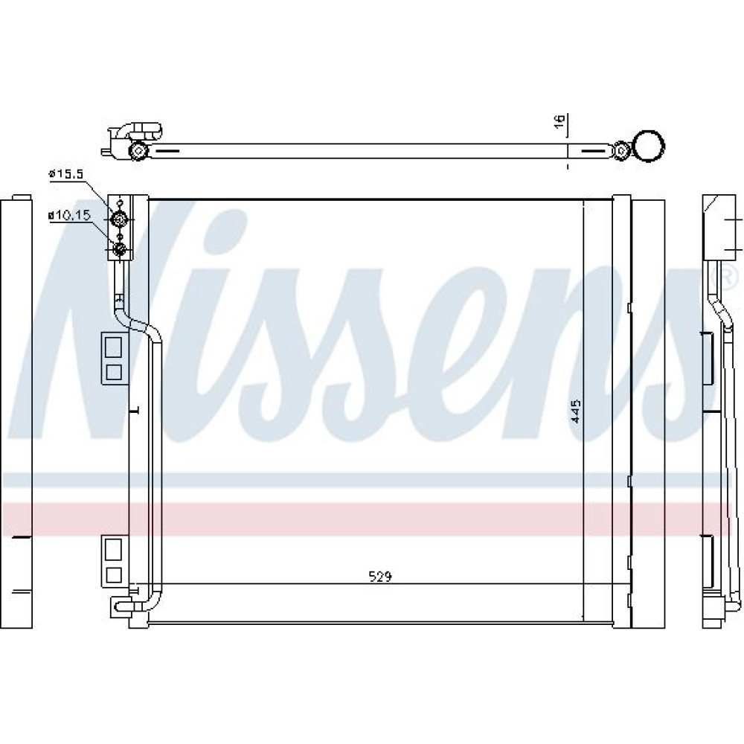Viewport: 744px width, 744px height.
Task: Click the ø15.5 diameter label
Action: [x=65, y=174]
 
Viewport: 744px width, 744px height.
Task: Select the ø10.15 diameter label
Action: [x=68, y=216]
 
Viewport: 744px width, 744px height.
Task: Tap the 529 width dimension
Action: [x=380, y=577]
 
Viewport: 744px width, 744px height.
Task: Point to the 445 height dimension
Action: [x=575, y=411]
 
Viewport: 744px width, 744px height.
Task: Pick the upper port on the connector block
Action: [x=120, y=219]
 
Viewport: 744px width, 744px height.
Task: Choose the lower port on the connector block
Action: [x=120, y=248]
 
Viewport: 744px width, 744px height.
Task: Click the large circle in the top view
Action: [x=649, y=147]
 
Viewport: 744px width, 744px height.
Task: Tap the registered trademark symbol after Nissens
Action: [x=728, y=277]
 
